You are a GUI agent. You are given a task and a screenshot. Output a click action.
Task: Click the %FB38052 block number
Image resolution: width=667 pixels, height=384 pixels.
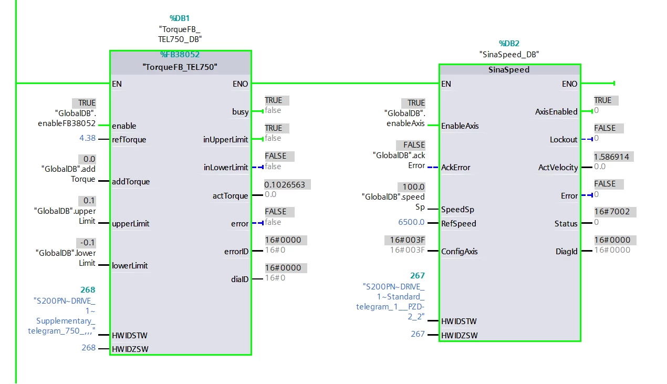(x=180, y=55)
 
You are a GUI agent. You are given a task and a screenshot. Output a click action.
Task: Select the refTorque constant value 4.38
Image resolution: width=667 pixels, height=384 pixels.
(x=87, y=138)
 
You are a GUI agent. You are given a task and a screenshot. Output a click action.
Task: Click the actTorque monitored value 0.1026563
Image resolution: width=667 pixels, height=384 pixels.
(x=284, y=185)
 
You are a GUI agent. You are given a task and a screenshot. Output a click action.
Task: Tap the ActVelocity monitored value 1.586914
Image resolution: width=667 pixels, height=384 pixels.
(x=612, y=157)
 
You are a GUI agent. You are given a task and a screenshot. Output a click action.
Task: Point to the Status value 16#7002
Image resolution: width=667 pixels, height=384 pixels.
(x=612, y=212)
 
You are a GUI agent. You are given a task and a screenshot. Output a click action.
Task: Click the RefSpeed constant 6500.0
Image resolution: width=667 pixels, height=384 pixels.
(x=411, y=222)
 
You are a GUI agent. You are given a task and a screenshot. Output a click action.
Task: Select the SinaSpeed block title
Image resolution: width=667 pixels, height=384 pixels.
(x=509, y=70)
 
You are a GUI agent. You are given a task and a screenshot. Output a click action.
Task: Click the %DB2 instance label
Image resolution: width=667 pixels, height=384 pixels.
(x=509, y=44)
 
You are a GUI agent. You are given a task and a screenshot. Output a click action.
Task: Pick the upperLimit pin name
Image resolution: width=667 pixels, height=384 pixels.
(x=130, y=224)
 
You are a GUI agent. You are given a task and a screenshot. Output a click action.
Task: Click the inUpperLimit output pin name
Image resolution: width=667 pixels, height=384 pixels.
(x=225, y=140)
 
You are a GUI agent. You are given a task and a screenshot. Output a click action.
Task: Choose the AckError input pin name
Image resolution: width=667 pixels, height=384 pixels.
(x=455, y=168)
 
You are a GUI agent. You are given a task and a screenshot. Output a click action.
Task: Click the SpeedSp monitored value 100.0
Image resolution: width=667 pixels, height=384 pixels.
(x=413, y=187)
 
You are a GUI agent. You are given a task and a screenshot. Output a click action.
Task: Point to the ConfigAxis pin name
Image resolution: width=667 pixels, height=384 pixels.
(x=459, y=252)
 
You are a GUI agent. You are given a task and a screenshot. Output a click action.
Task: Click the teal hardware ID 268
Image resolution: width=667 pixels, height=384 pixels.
(x=88, y=290)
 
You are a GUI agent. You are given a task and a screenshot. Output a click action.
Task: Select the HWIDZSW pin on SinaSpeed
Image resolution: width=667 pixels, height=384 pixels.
(x=459, y=336)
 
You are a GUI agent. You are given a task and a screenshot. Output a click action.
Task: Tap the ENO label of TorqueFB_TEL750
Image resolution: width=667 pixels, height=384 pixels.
(x=241, y=84)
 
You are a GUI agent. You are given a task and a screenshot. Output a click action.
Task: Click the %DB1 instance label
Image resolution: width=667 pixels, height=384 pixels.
(x=180, y=18)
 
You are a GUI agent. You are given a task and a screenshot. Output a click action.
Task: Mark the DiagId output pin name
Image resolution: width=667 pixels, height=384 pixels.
(x=566, y=252)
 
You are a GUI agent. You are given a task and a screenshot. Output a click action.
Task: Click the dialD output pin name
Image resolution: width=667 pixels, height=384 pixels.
(x=239, y=279)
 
